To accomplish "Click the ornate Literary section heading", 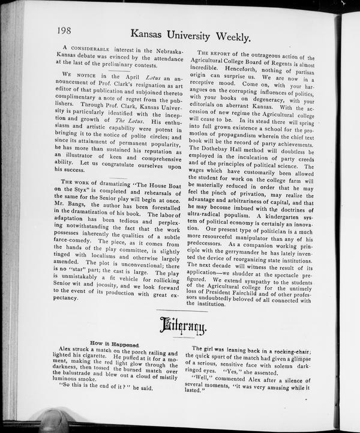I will (183, 327).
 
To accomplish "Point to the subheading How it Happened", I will (115, 344).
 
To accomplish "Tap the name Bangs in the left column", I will (86, 205).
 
